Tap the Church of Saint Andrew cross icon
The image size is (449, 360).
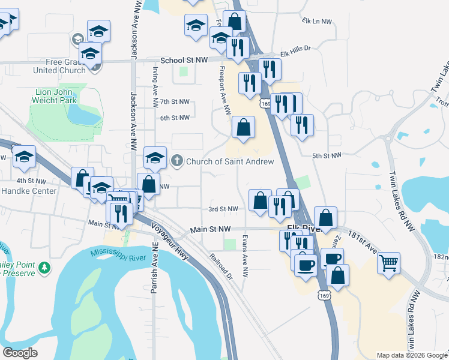coord(177,161)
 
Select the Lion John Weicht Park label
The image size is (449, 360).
coord(55,96)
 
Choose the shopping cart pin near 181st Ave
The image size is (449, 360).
coord(388,262)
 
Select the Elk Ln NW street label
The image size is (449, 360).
coord(318,21)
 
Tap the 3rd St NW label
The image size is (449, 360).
coord(223,209)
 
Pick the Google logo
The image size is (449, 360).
coord(20,353)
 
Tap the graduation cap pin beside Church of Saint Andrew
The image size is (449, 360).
coord(155,158)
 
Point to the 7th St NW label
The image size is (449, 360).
coord(175,102)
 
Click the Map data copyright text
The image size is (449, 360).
coord(411,355)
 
